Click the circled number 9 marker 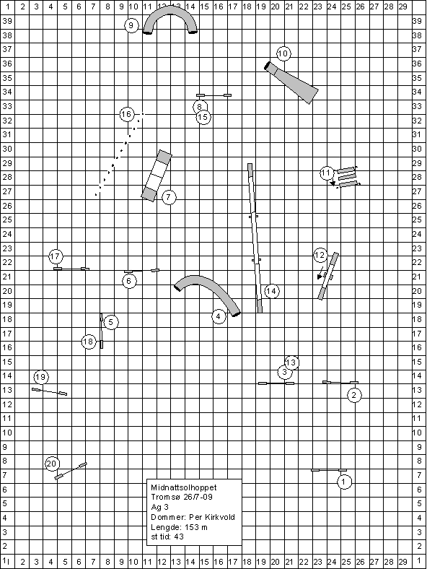[131, 25]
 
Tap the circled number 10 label [283, 53]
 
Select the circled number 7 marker [169, 197]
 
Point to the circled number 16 [126, 114]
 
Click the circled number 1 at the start [344, 482]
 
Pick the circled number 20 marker [52, 464]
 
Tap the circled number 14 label [271, 291]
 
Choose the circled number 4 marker [219, 316]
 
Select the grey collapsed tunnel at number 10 [292, 82]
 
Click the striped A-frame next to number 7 [157, 175]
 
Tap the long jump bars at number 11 [347, 178]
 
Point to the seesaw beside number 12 [328, 276]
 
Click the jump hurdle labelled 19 [49, 391]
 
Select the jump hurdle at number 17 [71, 269]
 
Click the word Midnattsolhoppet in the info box [184, 487]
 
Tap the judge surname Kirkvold [220, 517]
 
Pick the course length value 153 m [196, 527]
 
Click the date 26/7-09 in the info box [198, 497]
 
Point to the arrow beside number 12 [320, 273]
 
